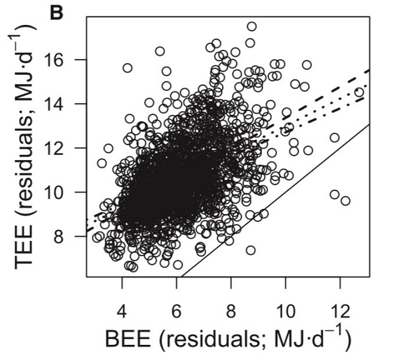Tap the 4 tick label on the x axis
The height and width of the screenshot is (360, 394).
[x=121, y=309]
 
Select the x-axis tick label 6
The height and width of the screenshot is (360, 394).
[x=176, y=309]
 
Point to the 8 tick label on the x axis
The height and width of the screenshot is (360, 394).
[x=230, y=309]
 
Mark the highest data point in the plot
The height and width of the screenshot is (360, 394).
[x=252, y=27]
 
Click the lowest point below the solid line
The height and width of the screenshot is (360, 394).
[x=250, y=250]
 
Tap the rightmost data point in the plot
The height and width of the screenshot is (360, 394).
[x=359, y=93]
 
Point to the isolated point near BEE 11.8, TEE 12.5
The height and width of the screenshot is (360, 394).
[x=334, y=137]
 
